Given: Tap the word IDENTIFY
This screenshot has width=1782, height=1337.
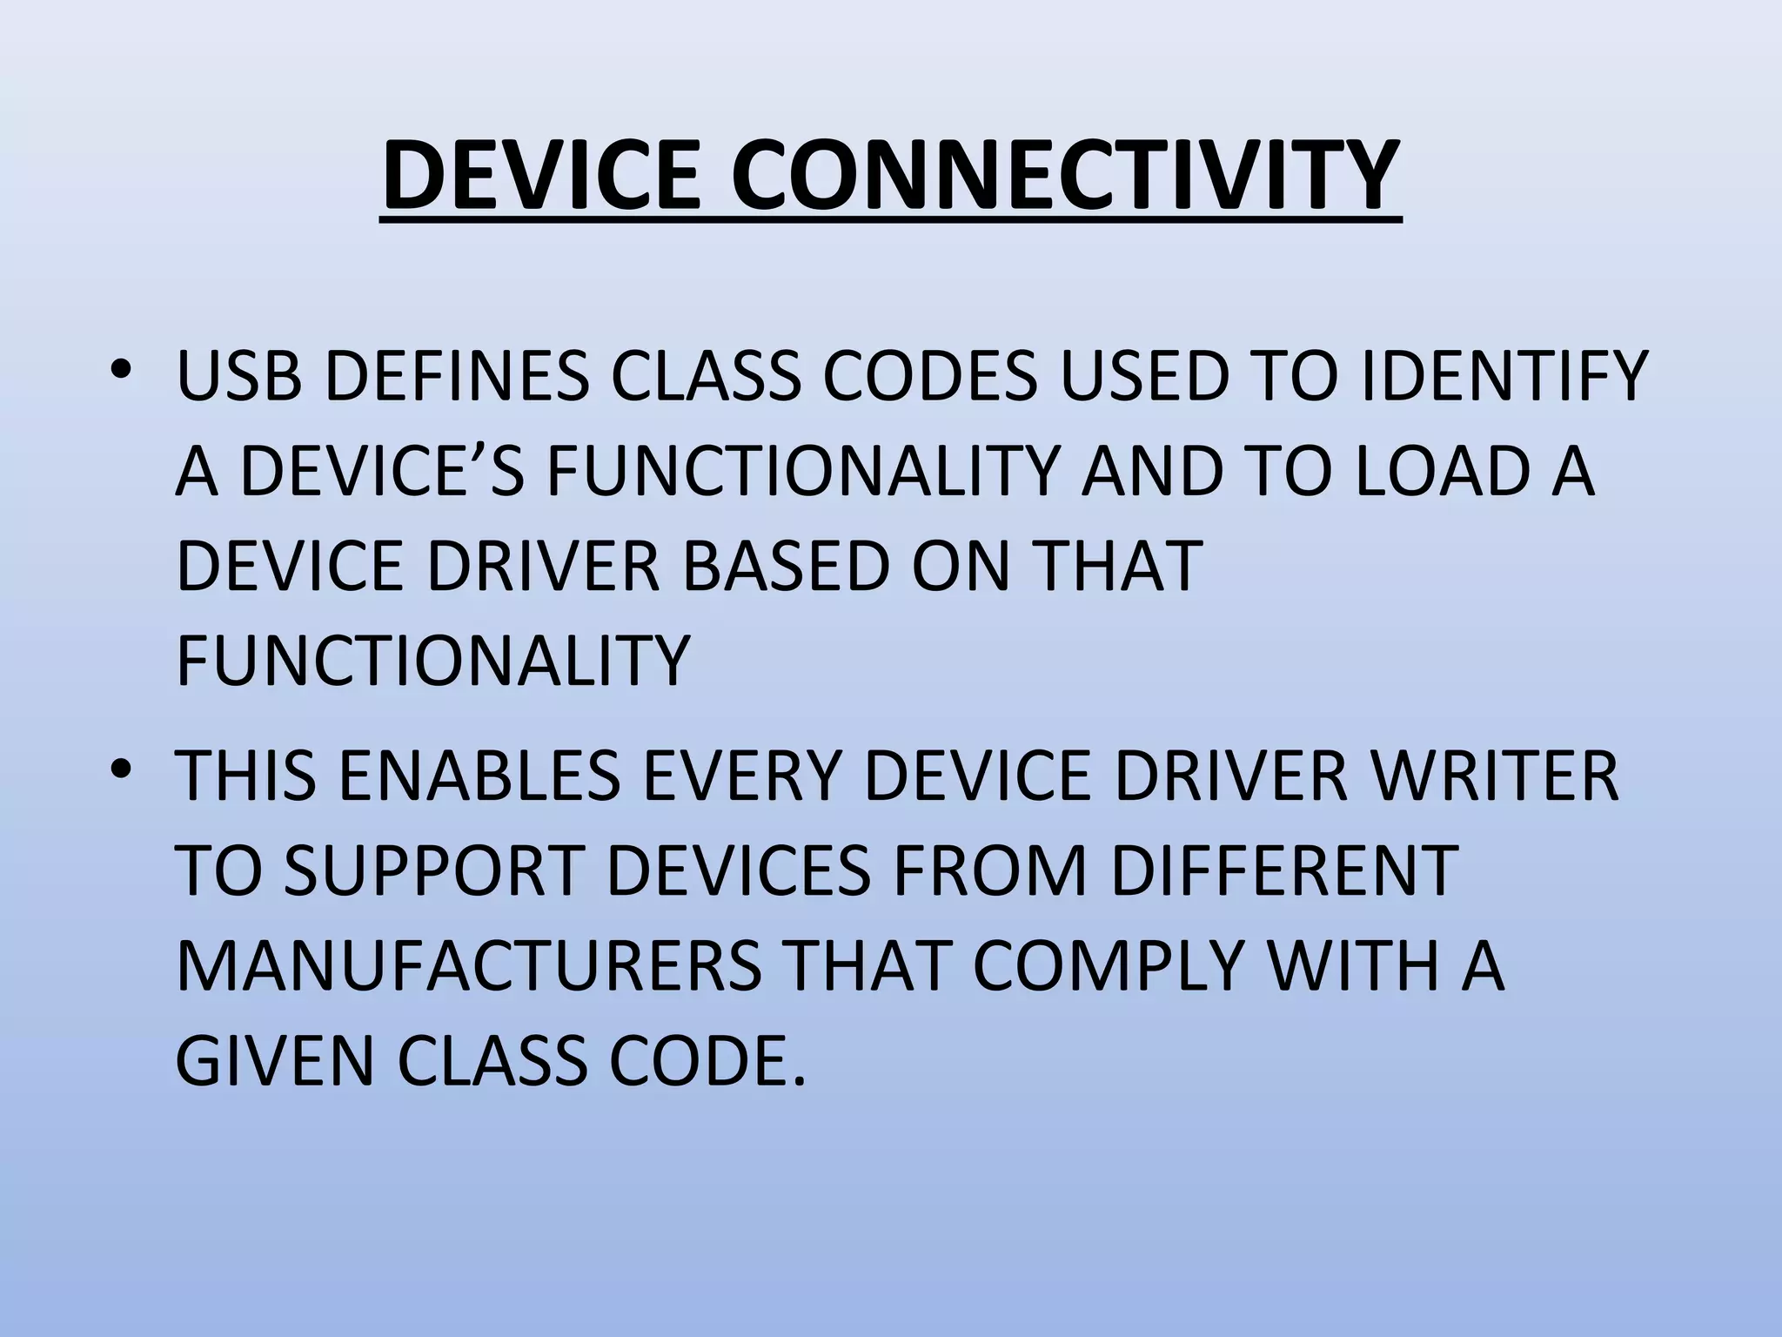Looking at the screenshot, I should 1504,377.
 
